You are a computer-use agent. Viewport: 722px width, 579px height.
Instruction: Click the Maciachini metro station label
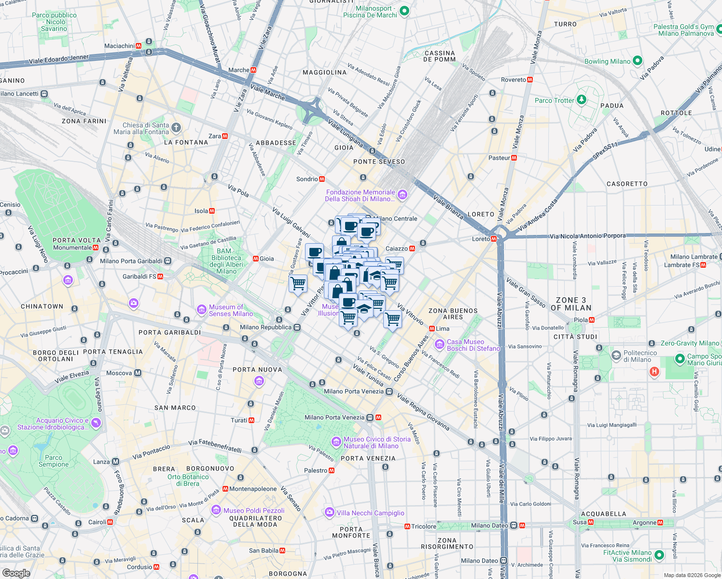[119, 46]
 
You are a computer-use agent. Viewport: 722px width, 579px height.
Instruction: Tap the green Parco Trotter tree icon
[582, 100]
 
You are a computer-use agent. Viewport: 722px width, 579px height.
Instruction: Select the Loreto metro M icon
[494, 239]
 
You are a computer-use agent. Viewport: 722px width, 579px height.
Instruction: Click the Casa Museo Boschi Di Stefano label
[473, 345]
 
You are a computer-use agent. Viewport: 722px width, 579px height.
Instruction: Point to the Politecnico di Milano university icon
[616, 356]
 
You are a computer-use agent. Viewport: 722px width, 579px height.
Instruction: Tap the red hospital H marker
[654, 372]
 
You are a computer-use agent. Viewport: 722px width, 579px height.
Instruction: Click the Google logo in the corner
[16, 573]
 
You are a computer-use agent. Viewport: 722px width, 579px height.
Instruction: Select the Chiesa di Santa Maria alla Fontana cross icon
[176, 128]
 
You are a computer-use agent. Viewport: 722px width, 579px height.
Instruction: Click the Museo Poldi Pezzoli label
[254, 510]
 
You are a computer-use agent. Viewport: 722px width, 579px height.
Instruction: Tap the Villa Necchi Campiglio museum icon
[330, 512]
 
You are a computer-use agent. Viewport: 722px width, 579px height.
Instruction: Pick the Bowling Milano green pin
[638, 61]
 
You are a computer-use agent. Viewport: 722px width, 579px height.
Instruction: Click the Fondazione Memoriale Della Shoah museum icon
[403, 195]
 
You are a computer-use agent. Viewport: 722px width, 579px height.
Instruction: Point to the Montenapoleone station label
[253, 489]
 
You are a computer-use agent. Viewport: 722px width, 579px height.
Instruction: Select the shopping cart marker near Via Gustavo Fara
[298, 283]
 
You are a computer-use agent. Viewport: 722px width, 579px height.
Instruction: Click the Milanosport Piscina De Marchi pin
[404, 11]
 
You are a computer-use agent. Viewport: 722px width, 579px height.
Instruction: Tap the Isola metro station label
[201, 211]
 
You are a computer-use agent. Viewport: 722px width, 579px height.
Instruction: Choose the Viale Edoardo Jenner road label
[59, 59]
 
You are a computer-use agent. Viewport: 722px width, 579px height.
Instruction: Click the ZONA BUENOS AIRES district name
[453, 314]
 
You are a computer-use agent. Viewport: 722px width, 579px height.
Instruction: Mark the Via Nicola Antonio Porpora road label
[587, 236]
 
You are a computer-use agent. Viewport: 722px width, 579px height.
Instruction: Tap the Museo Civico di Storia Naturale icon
[336, 442]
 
